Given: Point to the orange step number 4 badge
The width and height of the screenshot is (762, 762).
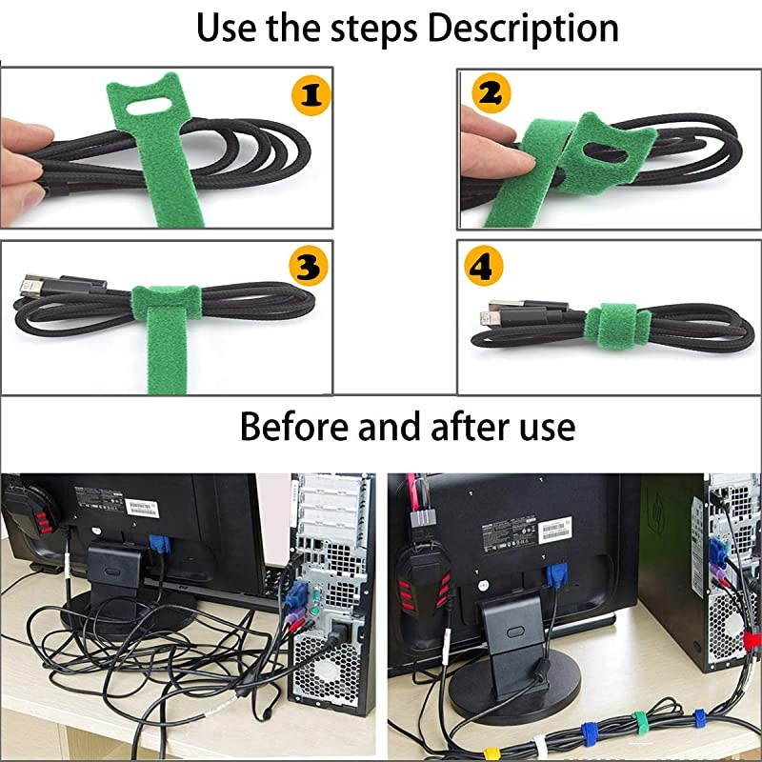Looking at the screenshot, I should click(x=482, y=268).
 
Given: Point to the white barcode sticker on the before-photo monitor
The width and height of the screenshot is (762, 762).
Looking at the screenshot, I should click(x=140, y=505).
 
